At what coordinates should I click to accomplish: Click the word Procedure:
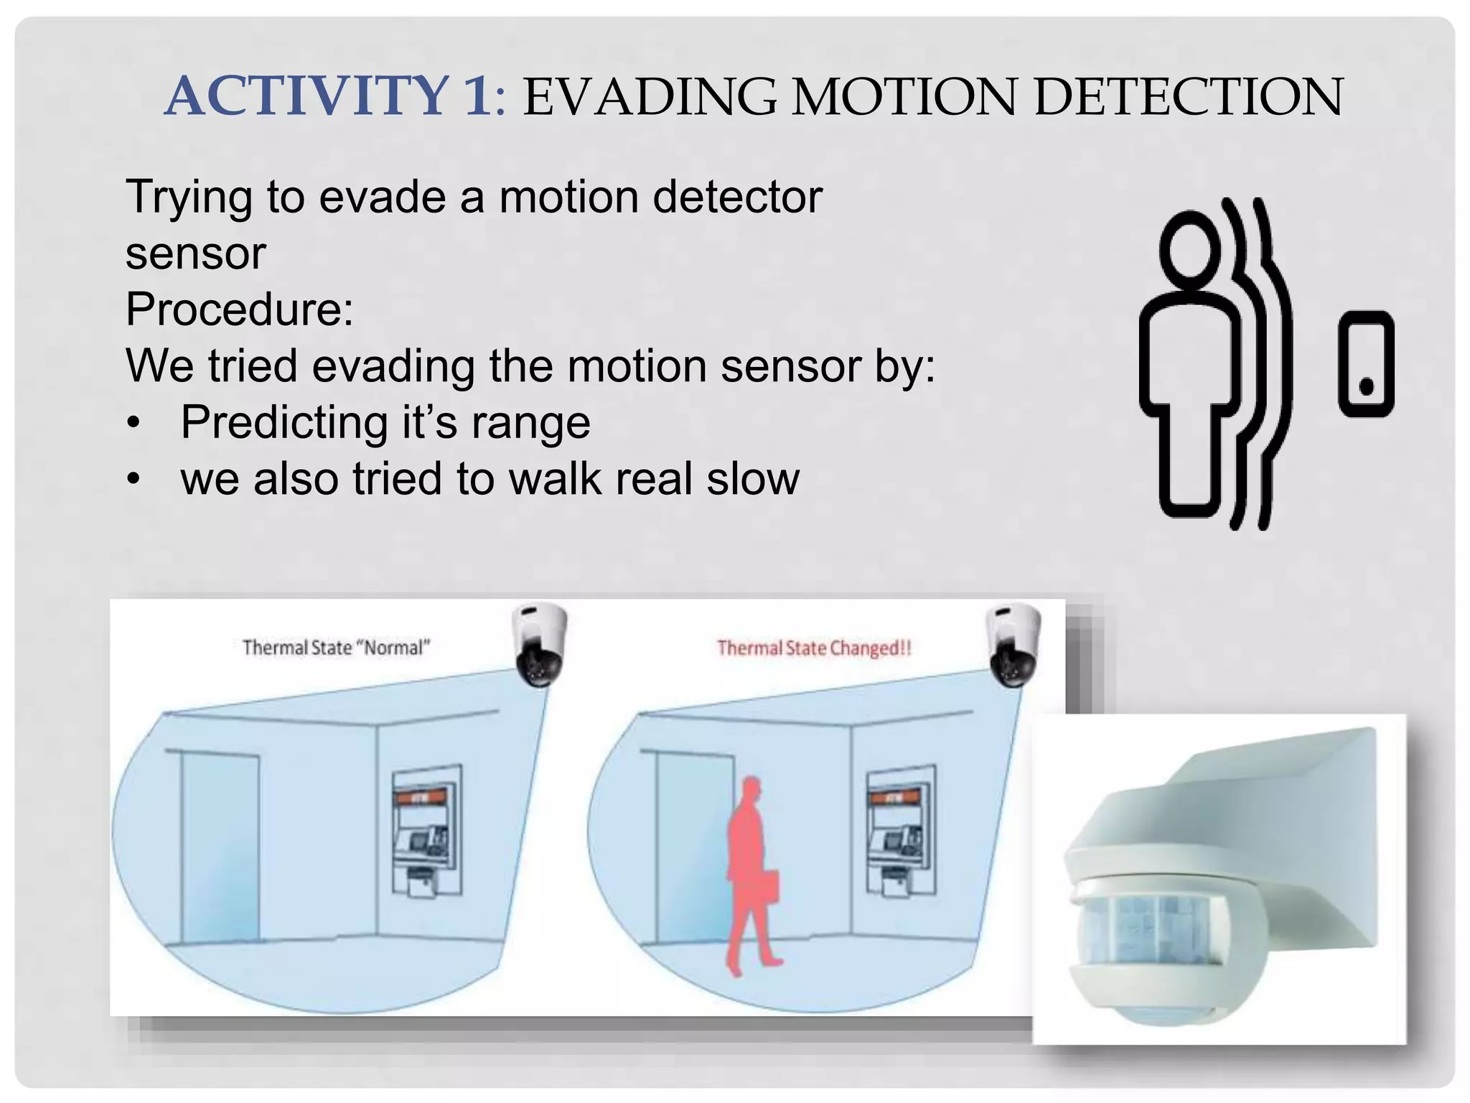240,310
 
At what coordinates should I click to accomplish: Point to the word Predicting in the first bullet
284,422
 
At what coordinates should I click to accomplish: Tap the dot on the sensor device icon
1366,387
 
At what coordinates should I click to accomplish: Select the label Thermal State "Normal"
336,648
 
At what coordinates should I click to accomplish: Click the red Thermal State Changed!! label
814,648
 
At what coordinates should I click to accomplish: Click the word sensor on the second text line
195,253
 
